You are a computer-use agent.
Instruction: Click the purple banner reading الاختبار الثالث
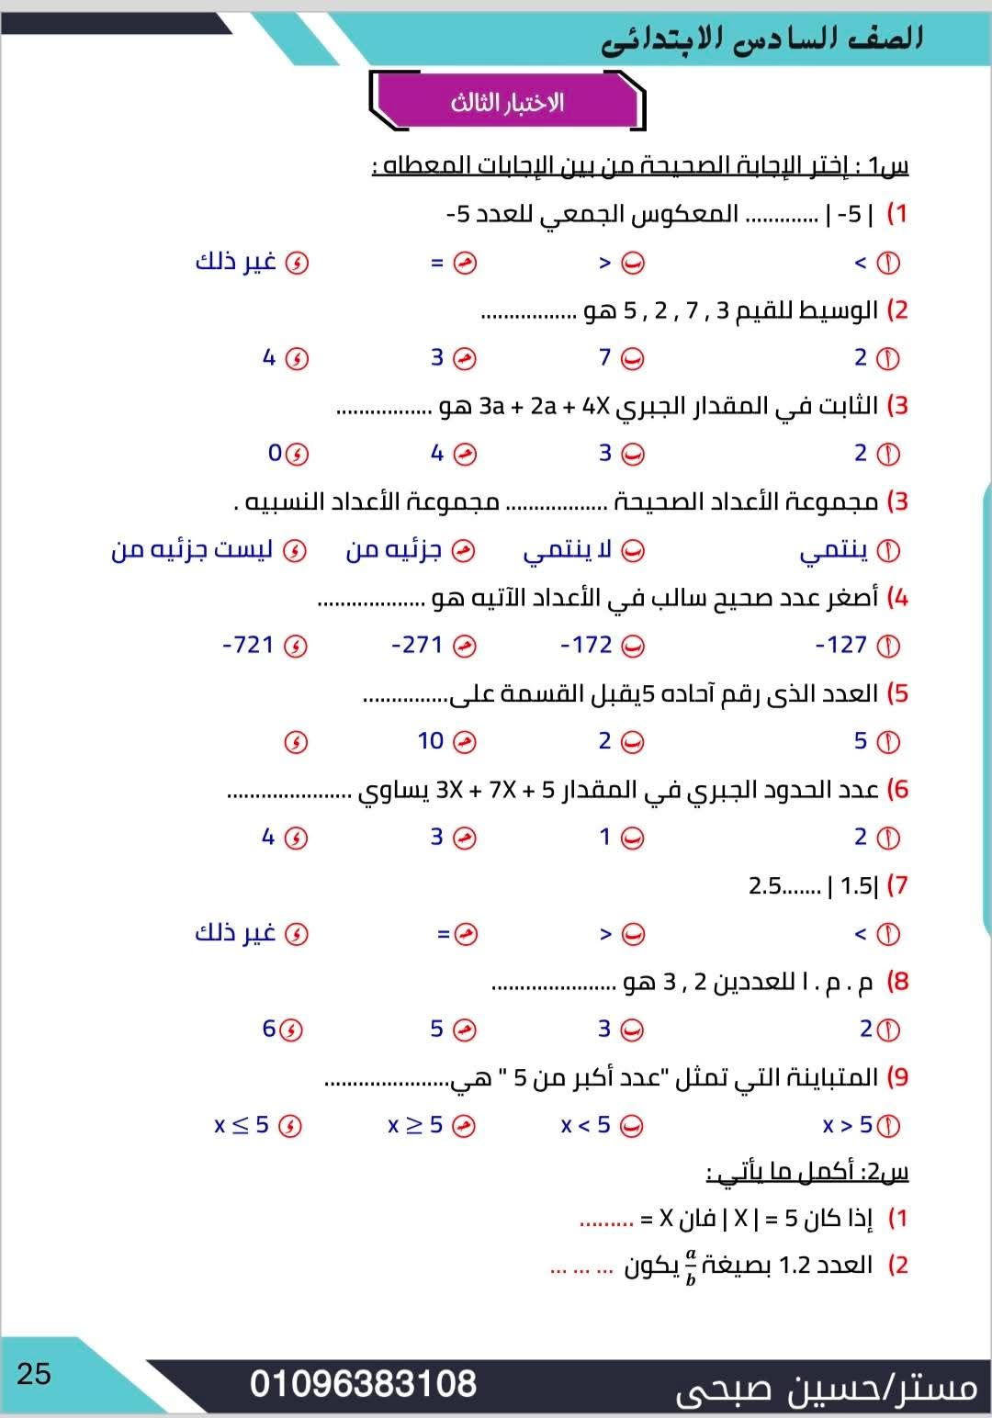click(507, 102)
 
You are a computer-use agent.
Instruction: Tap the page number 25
click(34, 1374)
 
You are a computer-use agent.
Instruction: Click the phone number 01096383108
click(363, 1384)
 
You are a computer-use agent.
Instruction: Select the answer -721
click(249, 645)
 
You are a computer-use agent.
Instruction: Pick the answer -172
click(587, 645)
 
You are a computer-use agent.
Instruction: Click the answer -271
click(418, 645)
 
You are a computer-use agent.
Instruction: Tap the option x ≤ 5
click(242, 1125)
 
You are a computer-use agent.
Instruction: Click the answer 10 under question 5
click(431, 740)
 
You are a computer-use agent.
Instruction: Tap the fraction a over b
click(691, 1266)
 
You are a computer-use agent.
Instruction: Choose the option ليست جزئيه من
click(192, 550)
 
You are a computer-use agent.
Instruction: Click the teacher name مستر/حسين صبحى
click(827, 1388)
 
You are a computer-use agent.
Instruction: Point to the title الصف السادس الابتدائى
click(762, 39)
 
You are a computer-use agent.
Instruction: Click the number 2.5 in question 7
click(765, 885)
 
